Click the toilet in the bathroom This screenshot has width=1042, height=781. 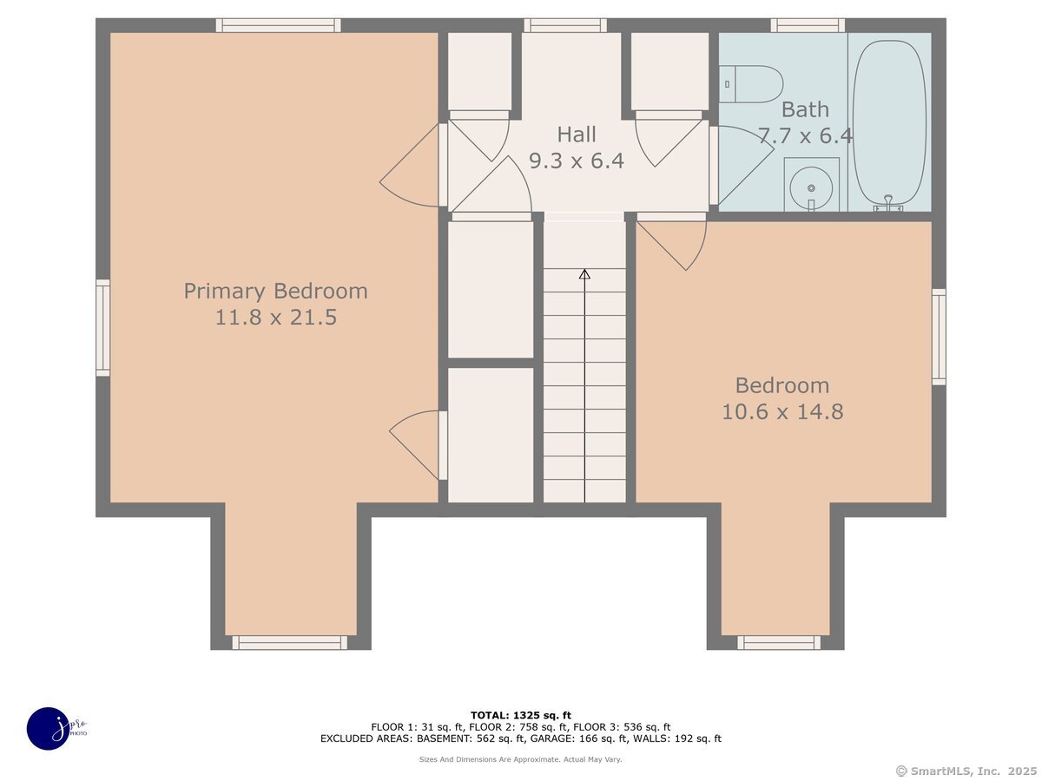click(x=750, y=84)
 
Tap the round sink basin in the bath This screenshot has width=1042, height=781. click(x=811, y=188)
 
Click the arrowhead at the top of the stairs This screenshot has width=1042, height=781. click(x=584, y=274)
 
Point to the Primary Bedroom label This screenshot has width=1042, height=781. click(x=276, y=292)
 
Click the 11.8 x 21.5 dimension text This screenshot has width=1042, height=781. click(x=276, y=318)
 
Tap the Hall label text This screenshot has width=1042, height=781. click(x=577, y=135)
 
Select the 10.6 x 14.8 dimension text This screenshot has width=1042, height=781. click(x=782, y=411)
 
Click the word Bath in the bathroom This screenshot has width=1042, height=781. click(x=805, y=110)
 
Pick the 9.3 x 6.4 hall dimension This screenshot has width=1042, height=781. click(x=577, y=161)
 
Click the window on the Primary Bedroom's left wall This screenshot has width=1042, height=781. click(x=103, y=328)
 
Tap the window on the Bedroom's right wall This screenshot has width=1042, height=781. click(x=939, y=337)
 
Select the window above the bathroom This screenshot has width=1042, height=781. click(x=808, y=25)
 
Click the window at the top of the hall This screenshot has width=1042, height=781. click(x=565, y=25)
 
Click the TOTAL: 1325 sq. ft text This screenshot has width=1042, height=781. click(x=521, y=716)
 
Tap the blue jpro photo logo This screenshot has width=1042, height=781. click(x=49, y=729)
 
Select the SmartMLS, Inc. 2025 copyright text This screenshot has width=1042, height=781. click(x=966, y=771)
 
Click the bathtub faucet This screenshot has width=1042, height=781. click(x=888, y=203)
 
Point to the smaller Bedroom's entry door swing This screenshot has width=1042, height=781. click(x=671, y=246)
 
